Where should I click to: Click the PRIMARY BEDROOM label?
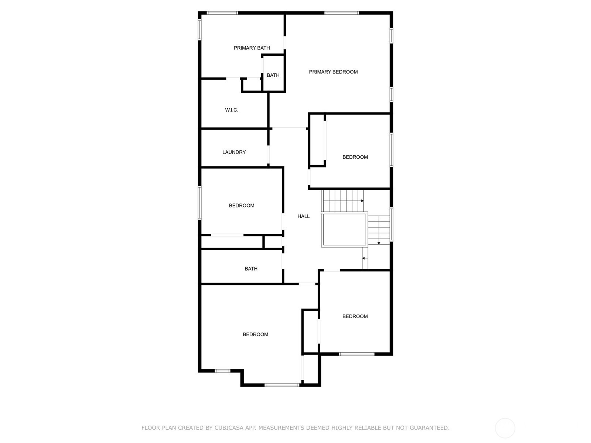coord(333,72)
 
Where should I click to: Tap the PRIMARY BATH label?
coord(252,48)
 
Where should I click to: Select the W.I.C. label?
coord(232,110)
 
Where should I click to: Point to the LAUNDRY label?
coord(234,152)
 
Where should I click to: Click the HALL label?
coord(304,216)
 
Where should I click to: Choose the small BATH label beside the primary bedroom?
coord(273,75)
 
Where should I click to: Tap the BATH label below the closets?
coord(251,269)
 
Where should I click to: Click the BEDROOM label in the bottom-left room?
coord(256,334)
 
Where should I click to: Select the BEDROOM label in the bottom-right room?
coord(355,316)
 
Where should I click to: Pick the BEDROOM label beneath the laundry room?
coord(242,206)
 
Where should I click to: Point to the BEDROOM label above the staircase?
coord(355,157)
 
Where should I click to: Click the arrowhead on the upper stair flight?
coord(362,201)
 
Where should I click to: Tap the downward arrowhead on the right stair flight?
coord(379,243)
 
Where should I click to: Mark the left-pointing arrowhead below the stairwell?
coord(363,258)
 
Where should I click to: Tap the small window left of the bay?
coord(222,371)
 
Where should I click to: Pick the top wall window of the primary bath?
coord(222,13)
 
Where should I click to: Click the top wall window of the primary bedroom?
coord(341,13)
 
